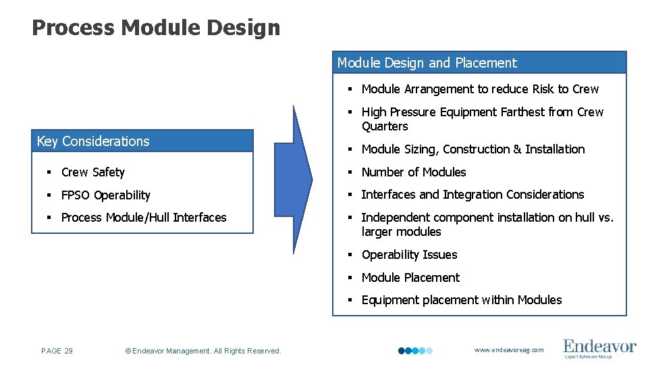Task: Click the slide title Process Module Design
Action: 155,28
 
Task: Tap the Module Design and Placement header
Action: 427,63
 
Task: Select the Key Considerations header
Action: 93,141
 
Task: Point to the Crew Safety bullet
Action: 92,172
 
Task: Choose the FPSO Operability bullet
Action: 105,195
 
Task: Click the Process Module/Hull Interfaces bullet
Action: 143,218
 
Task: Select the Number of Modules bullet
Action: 413,172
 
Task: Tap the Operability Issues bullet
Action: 409,255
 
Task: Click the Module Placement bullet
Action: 410,278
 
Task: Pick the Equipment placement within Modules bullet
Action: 461,300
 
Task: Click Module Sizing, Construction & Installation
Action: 473,149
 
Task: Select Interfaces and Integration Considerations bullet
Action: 473,195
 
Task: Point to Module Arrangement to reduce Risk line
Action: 479,89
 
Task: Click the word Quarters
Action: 385,126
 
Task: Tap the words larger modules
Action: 401,232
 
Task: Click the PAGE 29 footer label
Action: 57,351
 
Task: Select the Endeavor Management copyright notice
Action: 203,351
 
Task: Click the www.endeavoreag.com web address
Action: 508,350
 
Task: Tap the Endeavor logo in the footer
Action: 599,348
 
